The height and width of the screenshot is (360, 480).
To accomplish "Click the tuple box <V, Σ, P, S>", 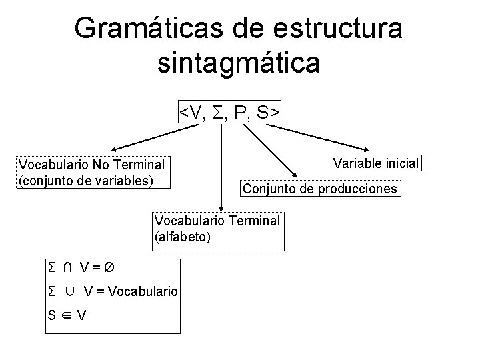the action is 229,113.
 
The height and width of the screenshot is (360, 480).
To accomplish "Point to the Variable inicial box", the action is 376,163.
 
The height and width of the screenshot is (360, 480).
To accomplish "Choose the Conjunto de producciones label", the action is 320,189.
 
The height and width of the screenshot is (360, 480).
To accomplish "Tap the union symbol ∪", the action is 70,291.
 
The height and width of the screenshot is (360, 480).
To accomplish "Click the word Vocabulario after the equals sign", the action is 143,291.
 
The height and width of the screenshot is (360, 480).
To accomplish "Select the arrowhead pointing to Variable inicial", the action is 367,149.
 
